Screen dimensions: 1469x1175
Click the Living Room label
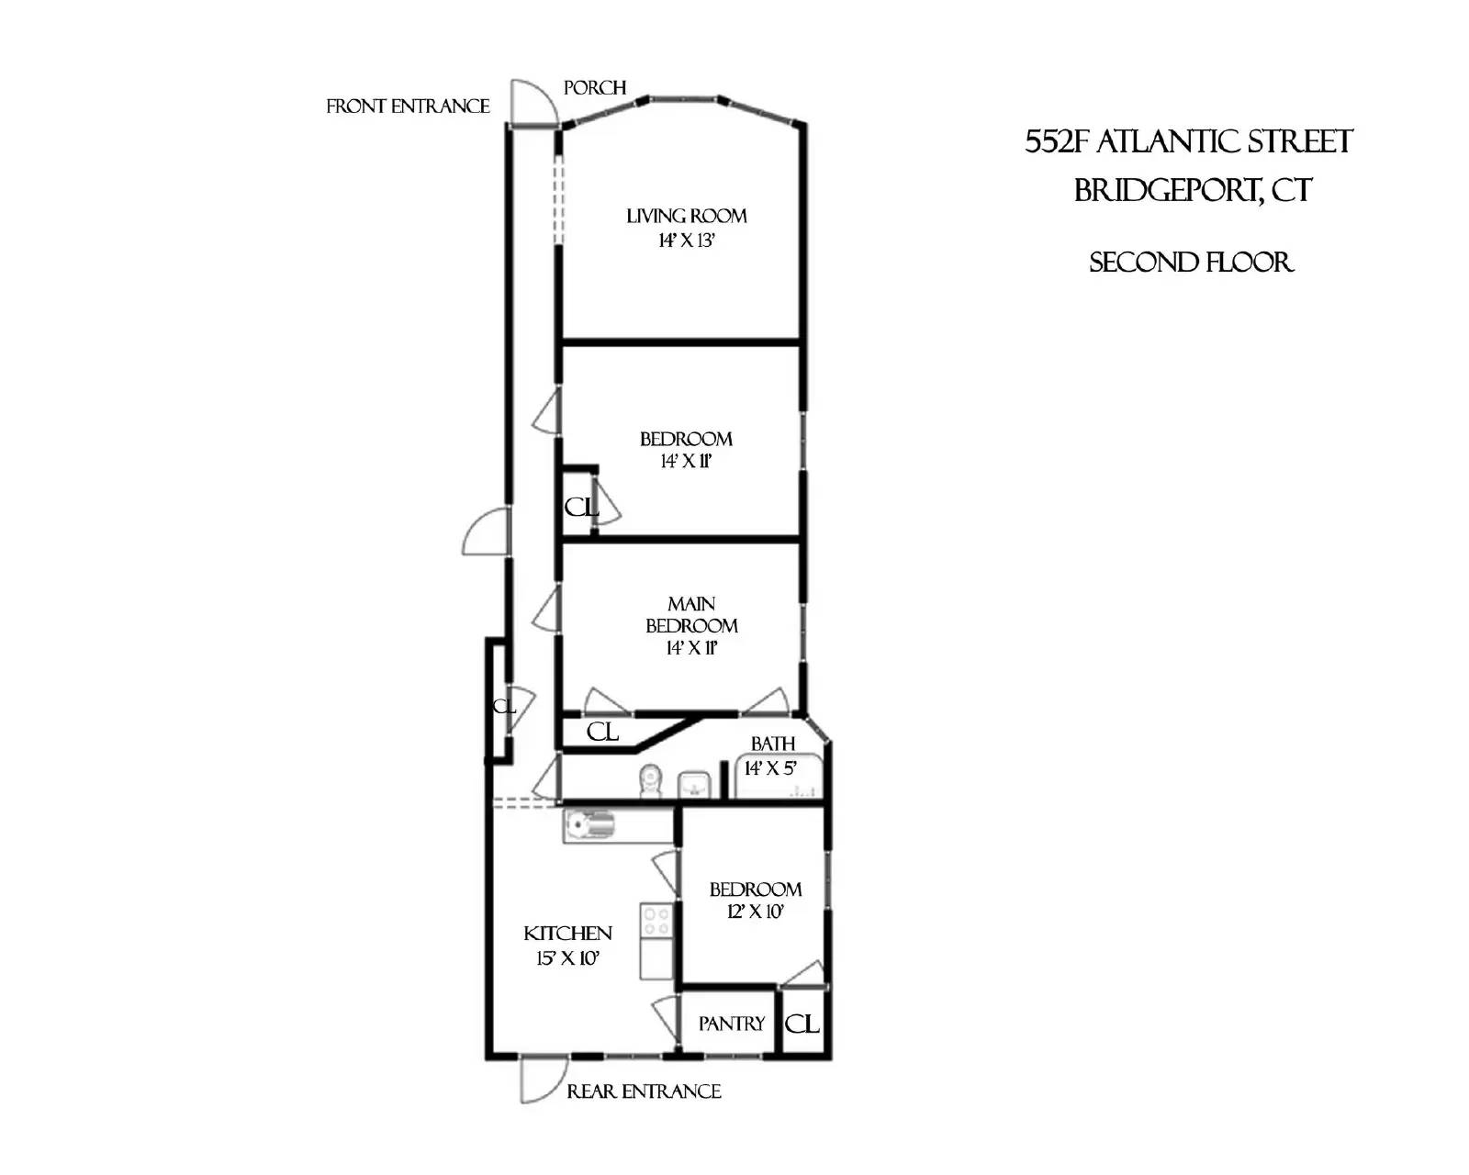[686, 217]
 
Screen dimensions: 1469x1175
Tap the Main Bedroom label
[691, 614]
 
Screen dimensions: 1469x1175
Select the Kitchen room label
[567, 934]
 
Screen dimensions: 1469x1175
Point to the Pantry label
[731, 1024]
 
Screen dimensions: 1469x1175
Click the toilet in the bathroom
[651, 780]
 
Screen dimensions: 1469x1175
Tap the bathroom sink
[695, 785]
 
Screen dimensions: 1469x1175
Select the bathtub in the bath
[779, 776]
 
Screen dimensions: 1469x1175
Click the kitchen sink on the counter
[588, 824]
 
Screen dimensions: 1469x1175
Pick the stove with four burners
[656, 920]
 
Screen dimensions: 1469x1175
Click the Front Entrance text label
[408, 106]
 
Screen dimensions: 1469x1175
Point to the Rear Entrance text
[644, 1091]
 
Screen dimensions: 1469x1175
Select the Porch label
[595, 88]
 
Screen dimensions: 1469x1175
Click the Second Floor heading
[1191, 263]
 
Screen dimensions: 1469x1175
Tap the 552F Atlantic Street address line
[1188, 142]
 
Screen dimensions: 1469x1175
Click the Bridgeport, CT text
[1193, 191]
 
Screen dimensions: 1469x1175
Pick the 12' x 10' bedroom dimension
[755, 912]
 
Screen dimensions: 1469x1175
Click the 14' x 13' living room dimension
[686, 241]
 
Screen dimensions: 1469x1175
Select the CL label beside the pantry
[802, 1024]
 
